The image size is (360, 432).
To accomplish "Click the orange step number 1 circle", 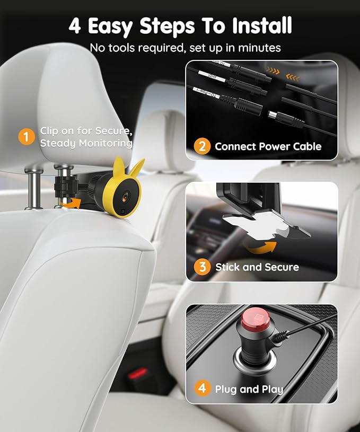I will tap(27, 137).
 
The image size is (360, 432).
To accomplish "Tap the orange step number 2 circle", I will tap(202, 146).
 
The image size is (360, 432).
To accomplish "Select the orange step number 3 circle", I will tap(202, 267).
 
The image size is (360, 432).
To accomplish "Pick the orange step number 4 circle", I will tap(202, 389).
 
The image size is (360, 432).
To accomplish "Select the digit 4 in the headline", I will tap(75, 25).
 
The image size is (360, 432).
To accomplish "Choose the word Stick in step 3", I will tap(227, 267).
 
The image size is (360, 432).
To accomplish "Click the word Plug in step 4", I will tap(226, 389).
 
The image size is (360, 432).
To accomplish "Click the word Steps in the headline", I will tap(165, 25).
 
